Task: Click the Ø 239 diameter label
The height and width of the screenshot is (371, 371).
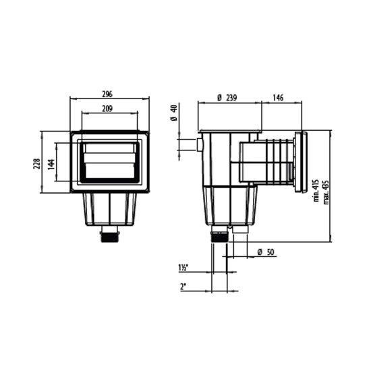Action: coord(227,98)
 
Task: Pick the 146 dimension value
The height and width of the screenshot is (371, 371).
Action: coord(278,98)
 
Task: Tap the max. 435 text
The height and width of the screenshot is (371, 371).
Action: coord(325,191)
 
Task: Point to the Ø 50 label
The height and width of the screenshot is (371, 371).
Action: coord(265,252)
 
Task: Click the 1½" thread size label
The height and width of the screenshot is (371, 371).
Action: coord(183,268)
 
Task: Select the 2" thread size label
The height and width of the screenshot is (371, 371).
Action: coord(182,286)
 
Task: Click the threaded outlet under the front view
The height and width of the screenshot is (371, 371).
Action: coord(109,236)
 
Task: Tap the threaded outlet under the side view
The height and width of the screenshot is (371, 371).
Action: coord(219,237)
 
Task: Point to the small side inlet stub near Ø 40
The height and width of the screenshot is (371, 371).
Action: coord(200,144)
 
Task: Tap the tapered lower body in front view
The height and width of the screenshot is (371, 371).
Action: coord(109,209)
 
